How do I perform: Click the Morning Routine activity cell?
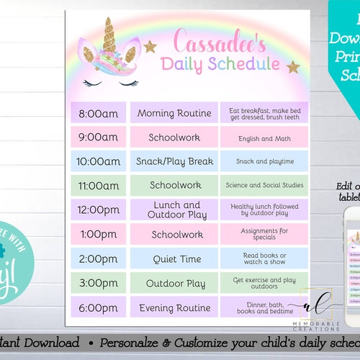pyautogui.click(x=174, y=112)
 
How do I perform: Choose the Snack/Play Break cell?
pyautogui.click(x=174, y=161)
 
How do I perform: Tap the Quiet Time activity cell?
pyautogui.click(x=174, y=258)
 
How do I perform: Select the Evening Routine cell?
pyautogui.click(x=174, y=307)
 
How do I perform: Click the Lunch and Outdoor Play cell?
pyautogui.click(x=174, y=210)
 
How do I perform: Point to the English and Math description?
pyautogui.click(x=264, y=137)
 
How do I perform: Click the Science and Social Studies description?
pyautogui.click(x=264, y=186)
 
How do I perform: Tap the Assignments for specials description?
pyautogui.click(x=264, y=234)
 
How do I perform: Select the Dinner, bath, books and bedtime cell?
pyautogui.click(x=264, y=307)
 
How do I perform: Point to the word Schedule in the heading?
pyautogui.click(x=240, y=63)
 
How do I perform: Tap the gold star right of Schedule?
pyautogui.click(x=293, y=67)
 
